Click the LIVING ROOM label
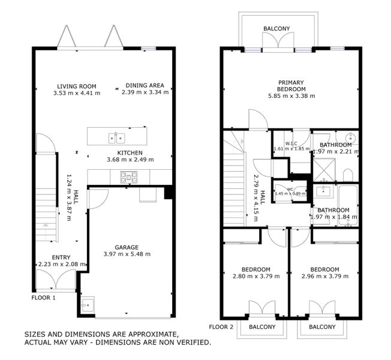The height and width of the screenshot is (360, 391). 77,86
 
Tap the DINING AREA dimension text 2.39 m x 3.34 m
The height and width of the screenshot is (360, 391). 145,92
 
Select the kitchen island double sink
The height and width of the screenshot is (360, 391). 117,138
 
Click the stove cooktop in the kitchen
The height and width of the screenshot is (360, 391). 129,177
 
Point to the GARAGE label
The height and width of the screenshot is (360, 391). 127,247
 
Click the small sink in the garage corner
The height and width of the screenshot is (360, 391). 88,305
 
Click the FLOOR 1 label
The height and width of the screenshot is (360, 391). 43,298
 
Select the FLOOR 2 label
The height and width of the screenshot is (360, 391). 221,327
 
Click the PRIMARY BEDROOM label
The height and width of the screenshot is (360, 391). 291,86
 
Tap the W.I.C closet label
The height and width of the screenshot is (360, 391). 291,143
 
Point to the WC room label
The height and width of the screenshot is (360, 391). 290,190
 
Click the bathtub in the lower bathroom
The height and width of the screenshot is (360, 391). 348,205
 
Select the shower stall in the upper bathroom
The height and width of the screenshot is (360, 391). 324,170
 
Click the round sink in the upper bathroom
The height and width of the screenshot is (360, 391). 350,137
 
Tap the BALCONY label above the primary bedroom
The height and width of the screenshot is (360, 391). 276,29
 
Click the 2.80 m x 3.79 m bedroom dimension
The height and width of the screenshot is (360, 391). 256,277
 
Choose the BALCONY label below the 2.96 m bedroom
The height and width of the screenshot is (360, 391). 322,327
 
